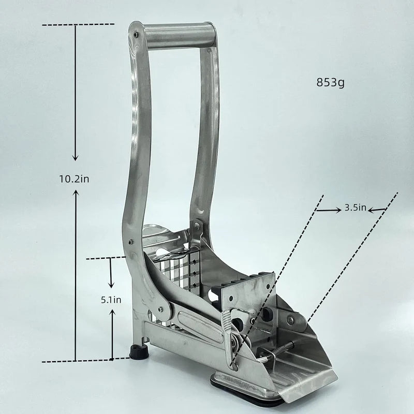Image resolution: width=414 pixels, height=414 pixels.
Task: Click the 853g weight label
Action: click(x=331, y=83)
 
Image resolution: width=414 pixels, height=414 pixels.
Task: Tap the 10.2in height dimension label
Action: click(x=74, y=179)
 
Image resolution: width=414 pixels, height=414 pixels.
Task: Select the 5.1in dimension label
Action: click(x=111, y=300)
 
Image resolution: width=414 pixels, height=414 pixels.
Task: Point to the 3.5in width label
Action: click(x=356, y=208)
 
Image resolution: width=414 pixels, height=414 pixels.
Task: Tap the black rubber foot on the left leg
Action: click(x=139, y=351)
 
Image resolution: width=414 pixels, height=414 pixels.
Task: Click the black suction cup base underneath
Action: click(x=245, y=393)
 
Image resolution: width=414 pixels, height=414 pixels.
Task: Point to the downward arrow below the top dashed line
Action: click(x=76, y=93)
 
